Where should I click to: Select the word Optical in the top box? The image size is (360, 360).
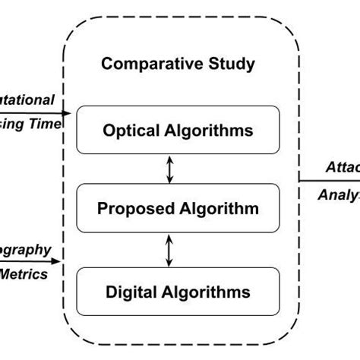pyautogui.click(x=128, y=131)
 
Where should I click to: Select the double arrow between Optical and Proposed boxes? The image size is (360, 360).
pyautogui.click(x=170, y=169)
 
